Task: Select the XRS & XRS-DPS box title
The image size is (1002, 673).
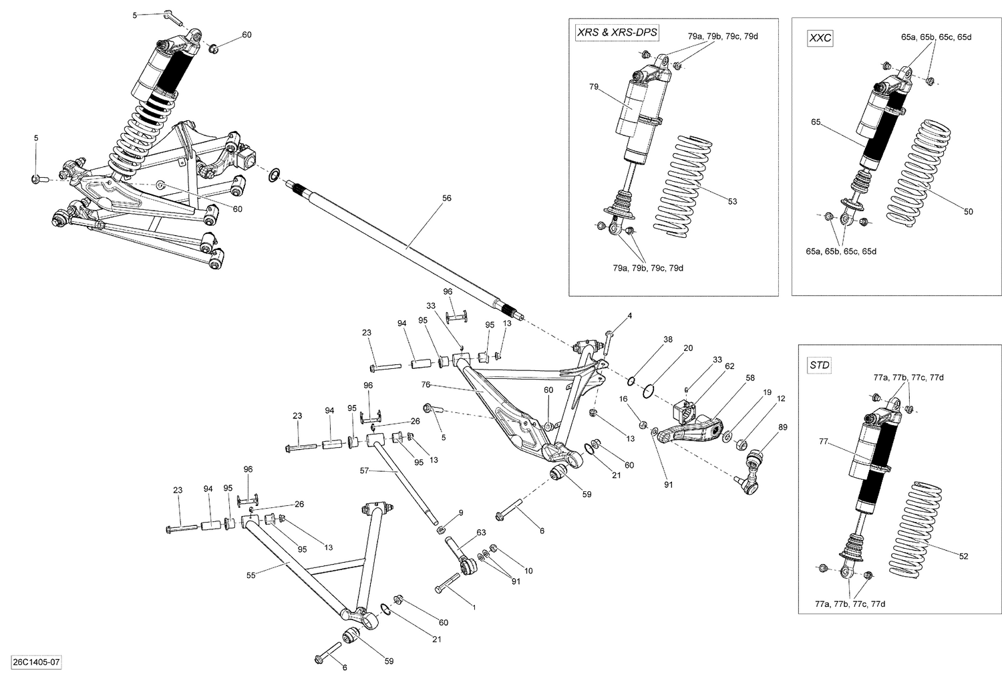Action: [613, 33]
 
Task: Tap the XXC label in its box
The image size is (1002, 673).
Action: [820, 38]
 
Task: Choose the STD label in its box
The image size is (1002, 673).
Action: [819, 365]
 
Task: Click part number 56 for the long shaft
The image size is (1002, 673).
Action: [447, 198]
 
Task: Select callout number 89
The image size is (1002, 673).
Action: [783, 426]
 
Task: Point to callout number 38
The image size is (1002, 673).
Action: [667, 340]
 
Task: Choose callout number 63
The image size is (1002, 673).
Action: [480, 532]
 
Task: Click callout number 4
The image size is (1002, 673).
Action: [629, 315]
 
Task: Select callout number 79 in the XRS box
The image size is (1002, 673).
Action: [593, 87]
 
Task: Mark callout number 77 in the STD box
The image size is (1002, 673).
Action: [823, 442]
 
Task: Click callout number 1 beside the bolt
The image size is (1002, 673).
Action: [474, 607]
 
